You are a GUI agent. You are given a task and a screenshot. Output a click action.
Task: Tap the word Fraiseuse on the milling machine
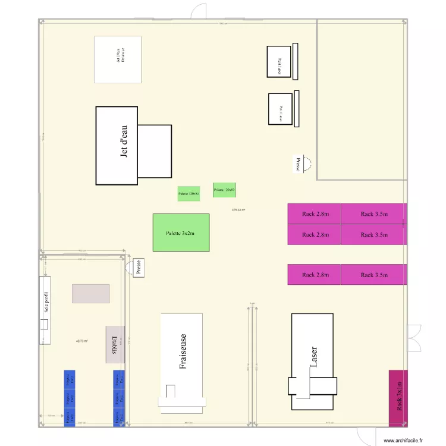point(183,351)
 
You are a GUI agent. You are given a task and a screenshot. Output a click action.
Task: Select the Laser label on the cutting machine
point(313,357)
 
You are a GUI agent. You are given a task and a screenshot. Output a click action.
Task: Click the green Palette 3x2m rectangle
point(181,233)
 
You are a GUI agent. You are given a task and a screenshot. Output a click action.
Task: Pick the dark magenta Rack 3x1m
point(398,398)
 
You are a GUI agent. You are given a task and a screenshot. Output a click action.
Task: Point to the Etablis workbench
point(115,345)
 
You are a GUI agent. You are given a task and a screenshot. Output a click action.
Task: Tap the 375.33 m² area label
point(238,210)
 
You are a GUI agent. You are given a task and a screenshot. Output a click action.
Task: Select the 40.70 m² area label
point(82,341)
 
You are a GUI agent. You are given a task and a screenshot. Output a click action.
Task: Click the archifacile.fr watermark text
point(403,441)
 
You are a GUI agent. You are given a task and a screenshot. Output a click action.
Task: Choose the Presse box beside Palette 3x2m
point(138,268)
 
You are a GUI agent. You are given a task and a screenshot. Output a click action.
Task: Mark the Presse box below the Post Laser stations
point(298,164)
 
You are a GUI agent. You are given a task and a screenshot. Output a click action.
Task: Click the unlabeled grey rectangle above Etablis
point(91,293)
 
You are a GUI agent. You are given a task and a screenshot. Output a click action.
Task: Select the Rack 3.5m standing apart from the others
point(373,275)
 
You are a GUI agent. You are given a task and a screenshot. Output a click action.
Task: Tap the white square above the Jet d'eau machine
point(118,59)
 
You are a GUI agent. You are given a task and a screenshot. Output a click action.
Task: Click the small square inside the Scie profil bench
point(44,323)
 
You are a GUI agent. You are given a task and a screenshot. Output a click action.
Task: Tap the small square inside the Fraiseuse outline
point(171,391)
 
